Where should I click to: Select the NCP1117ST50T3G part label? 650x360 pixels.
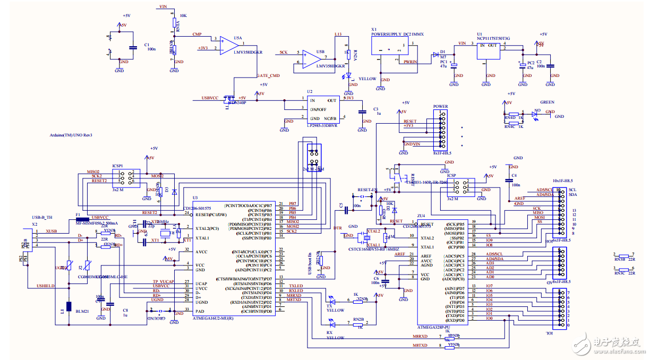(x=493, y=38)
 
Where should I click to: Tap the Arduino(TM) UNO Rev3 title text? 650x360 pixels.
(x=71, y=135)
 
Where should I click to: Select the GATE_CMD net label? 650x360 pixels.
(x=268, y=76)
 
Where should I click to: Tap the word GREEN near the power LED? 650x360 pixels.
(x=547, y=102)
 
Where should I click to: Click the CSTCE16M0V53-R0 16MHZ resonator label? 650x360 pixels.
(x=373, y=248)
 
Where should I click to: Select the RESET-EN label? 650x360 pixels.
(x=367, y=190)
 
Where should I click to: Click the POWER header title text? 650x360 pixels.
(x=440, y=106)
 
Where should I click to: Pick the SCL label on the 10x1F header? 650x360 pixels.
(x=572, y=190)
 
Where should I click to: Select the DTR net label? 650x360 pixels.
(x=337, y=227)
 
